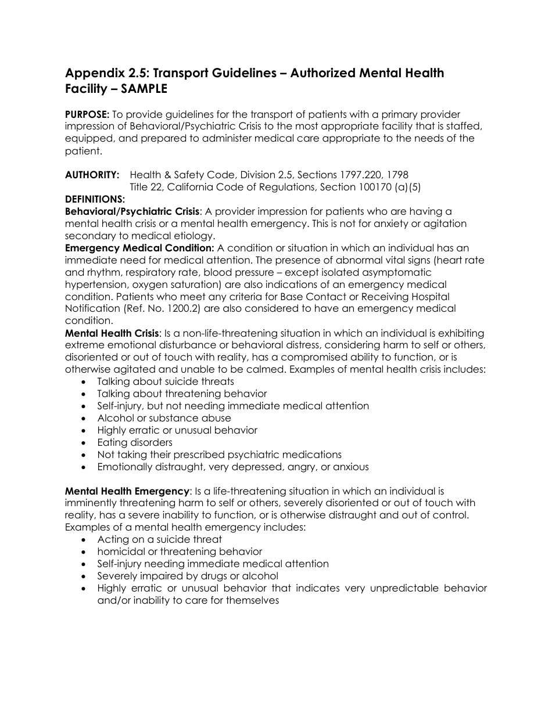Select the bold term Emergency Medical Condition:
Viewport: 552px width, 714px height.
[x=139, y=248]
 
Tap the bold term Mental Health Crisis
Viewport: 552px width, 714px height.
[x=112, y=333]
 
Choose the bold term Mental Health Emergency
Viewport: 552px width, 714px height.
[x=127, y=491]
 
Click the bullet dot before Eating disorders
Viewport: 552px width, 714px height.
[x=86, y=443]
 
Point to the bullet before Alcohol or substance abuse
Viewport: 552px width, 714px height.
[x=86, y=419]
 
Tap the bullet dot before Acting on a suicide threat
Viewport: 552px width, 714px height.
[x=86, y=540]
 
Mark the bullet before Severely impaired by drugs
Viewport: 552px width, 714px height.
[x=86, y=576]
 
